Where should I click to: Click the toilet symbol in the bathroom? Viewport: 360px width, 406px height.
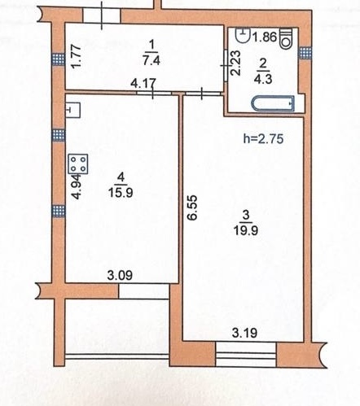click(286, 38)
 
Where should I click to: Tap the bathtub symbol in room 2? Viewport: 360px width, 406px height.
click(273, 103)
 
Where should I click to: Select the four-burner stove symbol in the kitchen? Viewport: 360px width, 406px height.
click(78, 164)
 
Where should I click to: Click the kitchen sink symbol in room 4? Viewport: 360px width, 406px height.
click(73, 110)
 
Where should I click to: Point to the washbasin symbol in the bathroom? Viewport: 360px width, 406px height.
click(244, 35)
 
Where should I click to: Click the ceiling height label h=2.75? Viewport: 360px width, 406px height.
click(263, 139)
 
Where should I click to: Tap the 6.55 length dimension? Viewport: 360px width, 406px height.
click(192, 207)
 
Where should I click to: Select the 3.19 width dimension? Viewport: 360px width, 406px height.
click(244, 333)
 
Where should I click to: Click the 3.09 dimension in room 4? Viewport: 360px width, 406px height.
click(120, 276)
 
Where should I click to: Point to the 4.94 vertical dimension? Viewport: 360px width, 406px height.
click(77, 187)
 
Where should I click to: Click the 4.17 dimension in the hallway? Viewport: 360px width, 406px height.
click(143, 83)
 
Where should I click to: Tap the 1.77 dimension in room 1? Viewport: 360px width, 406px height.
click(76, 56)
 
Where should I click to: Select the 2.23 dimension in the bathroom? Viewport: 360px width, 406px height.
click(235, 63)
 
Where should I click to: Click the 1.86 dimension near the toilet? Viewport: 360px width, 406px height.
click(265, 37)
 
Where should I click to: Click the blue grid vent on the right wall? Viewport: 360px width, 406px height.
click(305, 53)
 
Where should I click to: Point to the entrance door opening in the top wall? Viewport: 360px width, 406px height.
click(102, 15)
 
